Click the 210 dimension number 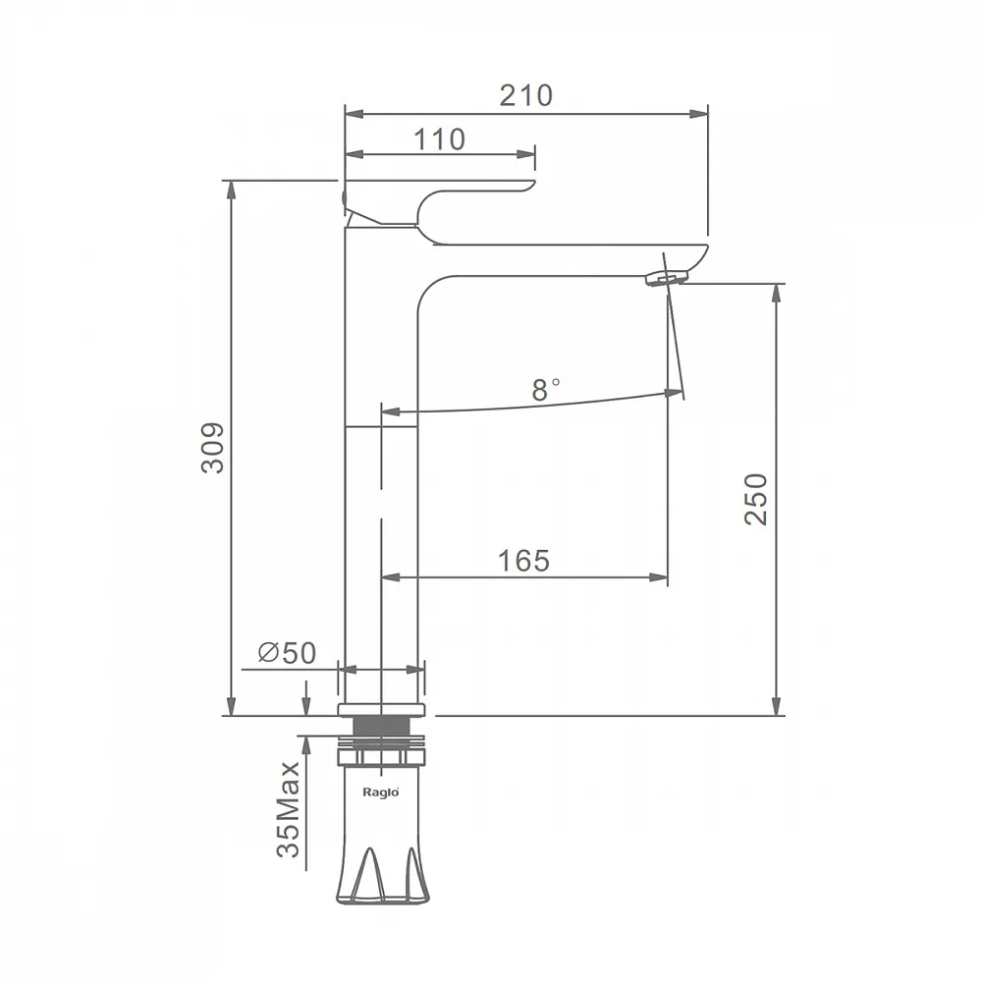pos(526,96)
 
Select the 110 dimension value pos(439,139)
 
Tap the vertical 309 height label pos(213,448)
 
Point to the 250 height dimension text pos(756,499)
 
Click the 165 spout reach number pos(523,561)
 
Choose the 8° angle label pos(545,390)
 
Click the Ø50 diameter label pos(288,653)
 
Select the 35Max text pos(289,809)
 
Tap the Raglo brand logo pos(381,792)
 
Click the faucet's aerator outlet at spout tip pos(667,278)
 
